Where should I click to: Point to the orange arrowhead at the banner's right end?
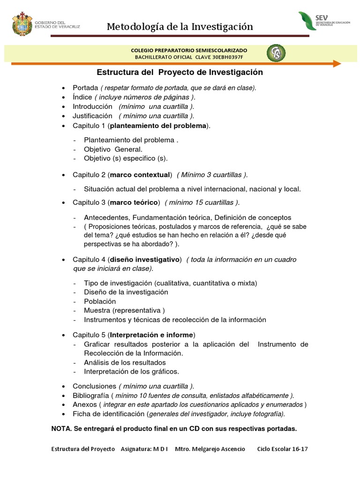tap(337, 63)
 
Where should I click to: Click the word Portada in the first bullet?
tap(84, 88)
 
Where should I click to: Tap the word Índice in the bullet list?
tap(82, 97)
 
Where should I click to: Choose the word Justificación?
tap(92, 115)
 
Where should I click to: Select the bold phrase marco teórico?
tap(135, 202)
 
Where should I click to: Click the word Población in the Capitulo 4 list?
tap(100, 301)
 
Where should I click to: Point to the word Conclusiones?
tap(94, 386)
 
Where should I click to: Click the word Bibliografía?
tap(91, 395)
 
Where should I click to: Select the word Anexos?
tap(84, 405)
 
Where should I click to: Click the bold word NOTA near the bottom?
tap(61, 429)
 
